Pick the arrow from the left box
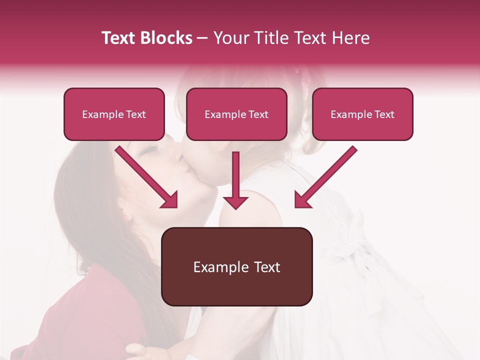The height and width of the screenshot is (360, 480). coord(146,177)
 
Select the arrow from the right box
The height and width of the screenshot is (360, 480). coord(325,177)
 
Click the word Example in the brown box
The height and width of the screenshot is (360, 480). coord(214,267)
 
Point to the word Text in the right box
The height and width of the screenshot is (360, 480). coord(384,114)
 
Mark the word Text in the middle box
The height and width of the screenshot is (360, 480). coord(258,114)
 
